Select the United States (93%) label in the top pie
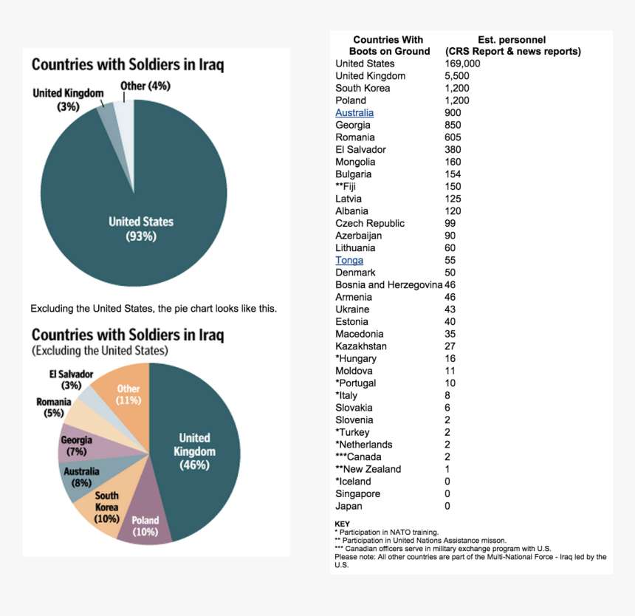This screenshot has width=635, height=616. (141, 228)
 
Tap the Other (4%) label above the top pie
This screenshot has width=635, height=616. (145, 86)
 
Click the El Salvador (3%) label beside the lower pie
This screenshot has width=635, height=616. (72, 380)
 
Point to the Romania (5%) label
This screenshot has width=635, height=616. (54, 407)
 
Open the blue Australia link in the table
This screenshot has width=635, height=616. (354, 113)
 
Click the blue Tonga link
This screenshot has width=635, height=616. (349, 261)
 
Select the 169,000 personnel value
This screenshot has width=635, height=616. (462, 64)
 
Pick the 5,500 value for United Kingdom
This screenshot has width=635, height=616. (457, 76)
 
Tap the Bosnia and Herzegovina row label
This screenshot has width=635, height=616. (388, 285)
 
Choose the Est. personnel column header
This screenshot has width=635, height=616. (512, 45)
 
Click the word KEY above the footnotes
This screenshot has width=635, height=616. (342, 524)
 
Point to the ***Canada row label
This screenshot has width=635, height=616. (358, 456)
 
